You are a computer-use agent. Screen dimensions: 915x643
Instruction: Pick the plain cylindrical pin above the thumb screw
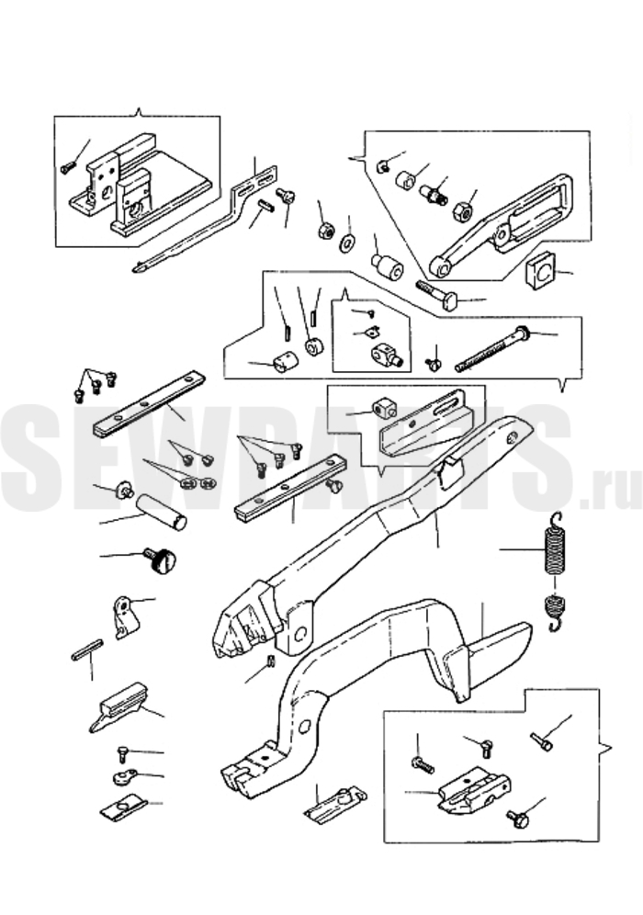[163, 512]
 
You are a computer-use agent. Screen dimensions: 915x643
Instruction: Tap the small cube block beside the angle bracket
[384, 406]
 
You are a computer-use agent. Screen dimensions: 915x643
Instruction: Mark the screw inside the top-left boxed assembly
[68, 168]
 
